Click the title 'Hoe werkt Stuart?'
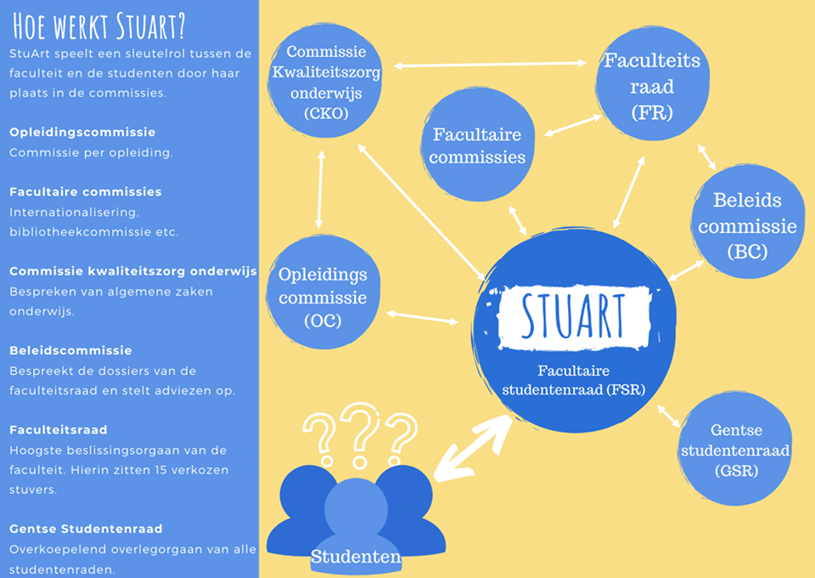(x=98, y=27)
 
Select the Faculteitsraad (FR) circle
(x=651, y=86)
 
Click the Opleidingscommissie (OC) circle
(x=323, y=297)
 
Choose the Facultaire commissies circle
(x=478, y=145)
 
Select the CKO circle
(x=326, y=81)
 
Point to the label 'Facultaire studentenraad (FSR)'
(x=574, y=380)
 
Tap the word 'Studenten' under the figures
(x=356, y=557)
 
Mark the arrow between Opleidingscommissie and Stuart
(x=422, y=317)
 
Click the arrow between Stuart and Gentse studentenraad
(x=667, y=416)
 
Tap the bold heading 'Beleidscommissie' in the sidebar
(x=70, y=350)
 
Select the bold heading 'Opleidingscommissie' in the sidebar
(x=82, y=133)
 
